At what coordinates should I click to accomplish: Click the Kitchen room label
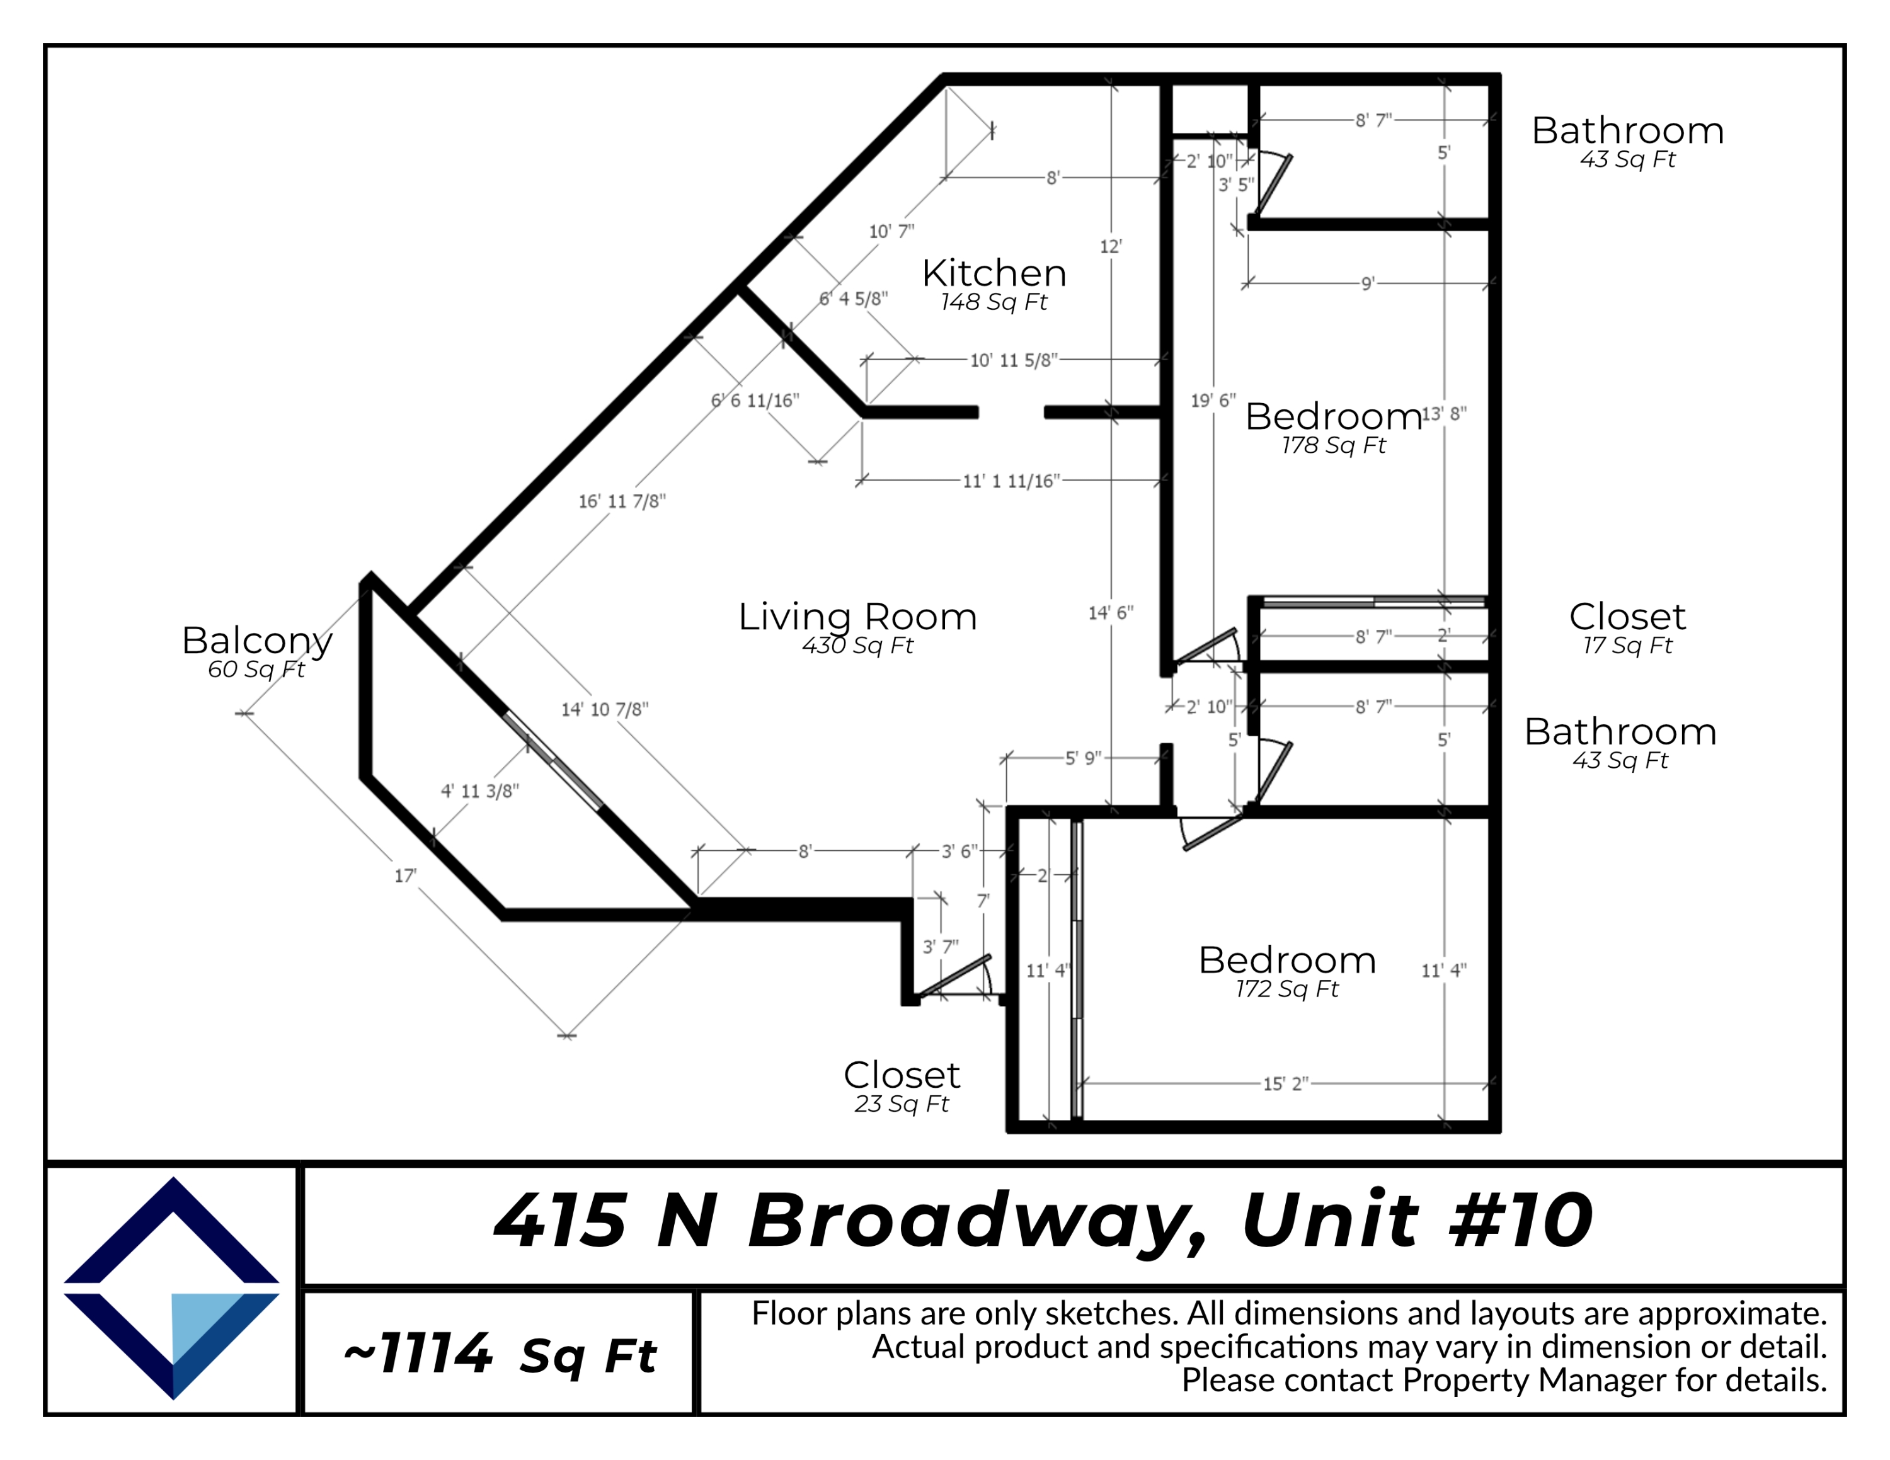tap(994, 273)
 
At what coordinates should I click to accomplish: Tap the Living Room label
tap(857, 617)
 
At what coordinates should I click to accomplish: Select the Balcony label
tap(257, 640)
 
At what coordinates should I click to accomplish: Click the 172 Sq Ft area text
tap(1287, 989)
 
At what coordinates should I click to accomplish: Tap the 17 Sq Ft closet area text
tap(1627, 645)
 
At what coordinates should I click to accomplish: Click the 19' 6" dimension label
tap(1212, 401)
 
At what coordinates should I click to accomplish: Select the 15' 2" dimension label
tap(1285, 1084)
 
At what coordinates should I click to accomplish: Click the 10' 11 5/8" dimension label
tap(1014, 360)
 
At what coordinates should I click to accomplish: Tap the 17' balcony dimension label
tap(405, 875)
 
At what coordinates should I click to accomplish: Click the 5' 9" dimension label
tap(1082, 758)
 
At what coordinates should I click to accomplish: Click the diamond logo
tap(171, 1287)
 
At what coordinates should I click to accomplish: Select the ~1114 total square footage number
tap(419, 1354)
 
